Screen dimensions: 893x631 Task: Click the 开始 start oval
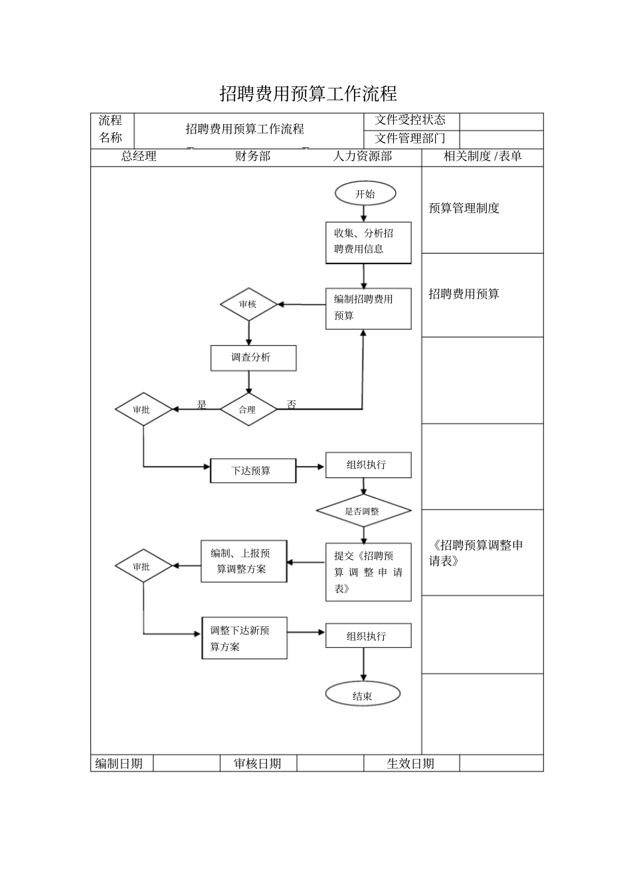365,194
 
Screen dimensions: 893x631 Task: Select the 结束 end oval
363,695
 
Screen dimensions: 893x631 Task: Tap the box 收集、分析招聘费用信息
368,242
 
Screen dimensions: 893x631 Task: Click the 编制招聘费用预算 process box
368,308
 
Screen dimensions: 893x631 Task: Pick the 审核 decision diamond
248,304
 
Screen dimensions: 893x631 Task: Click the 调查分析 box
253,358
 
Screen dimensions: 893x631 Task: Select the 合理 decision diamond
248,410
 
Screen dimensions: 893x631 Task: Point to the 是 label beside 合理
202,404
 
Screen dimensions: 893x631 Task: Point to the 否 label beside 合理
292,404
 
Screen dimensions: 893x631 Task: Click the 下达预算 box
253,471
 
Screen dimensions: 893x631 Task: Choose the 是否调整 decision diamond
363,511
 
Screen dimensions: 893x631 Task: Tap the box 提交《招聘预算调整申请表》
368,572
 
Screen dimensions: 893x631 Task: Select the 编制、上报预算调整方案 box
244,561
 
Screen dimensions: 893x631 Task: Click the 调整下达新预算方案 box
244,638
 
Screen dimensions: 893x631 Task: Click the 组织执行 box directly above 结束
368,635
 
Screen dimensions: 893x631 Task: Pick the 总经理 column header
139,157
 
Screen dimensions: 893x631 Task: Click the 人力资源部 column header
363,157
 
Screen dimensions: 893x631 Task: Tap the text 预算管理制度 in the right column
464,208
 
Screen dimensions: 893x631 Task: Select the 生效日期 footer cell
410,764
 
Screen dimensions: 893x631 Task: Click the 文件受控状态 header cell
410,121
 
